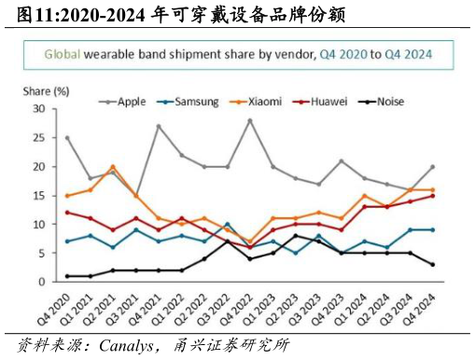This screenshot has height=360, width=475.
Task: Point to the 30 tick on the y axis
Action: click(38, 109)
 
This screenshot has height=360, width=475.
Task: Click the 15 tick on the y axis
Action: click(38, 196)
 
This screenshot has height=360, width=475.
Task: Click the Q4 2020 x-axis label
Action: click(55, 305)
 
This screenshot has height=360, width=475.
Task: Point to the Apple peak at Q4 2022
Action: click(249, 120)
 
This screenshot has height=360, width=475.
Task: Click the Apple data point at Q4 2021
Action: click(159, 126)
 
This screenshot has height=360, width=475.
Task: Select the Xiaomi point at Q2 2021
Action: click(113, 167)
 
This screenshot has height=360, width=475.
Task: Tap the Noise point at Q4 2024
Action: click(432, 265)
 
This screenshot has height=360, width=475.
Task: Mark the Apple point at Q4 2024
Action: click(432, 167)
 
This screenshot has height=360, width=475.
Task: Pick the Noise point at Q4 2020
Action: click(67, 276)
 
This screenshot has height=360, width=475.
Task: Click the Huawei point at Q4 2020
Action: click(67, 213)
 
